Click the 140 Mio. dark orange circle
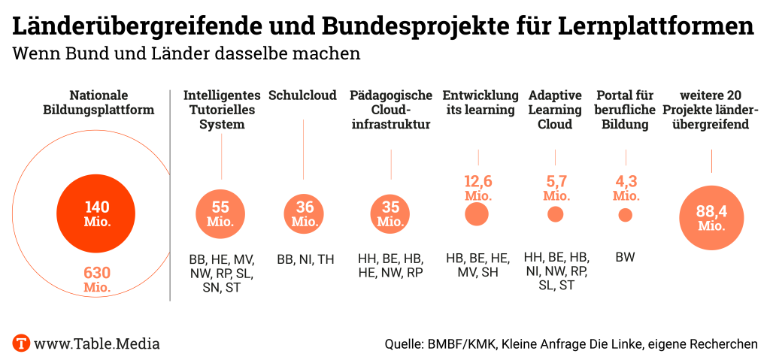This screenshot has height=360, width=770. point(97,214)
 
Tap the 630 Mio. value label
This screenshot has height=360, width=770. point(97,280)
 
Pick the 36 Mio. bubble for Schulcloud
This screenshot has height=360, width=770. point(304,214)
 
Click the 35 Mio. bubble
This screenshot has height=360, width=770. point(390,214)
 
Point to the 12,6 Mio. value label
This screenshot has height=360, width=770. point(477,187)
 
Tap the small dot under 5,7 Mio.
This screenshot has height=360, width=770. point(556,214)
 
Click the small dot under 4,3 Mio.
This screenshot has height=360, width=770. point(625,215)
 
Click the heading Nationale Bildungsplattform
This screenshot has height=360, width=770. point(110,102)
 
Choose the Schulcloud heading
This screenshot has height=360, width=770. point(302,95)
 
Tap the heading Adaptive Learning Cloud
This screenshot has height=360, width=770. point(555,110)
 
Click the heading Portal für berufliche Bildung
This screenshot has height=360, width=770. point(625,110)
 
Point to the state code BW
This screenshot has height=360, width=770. point(625,258)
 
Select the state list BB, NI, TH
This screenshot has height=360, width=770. point(305,259)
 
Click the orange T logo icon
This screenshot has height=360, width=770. point(21,343)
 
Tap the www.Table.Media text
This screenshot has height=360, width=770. point(97,343)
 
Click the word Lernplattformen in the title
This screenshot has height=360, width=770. point(656,26)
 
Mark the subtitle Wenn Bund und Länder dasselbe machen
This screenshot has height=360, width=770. point(186,54)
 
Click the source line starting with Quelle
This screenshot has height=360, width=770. point(571,344)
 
